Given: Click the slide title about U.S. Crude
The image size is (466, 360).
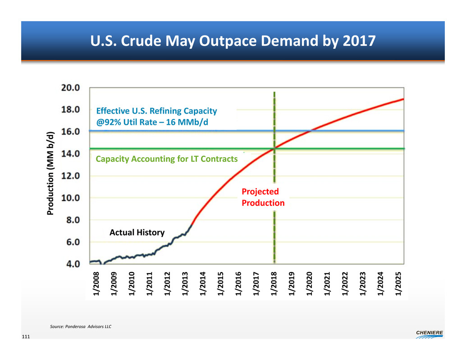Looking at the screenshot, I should [233, 41].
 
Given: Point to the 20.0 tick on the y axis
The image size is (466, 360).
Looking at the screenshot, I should [71, 87].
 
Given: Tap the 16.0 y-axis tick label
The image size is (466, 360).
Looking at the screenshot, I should [71, 132].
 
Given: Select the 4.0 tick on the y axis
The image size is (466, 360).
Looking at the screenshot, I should [71, 264].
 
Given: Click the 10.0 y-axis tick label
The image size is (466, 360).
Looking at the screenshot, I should [71, 197].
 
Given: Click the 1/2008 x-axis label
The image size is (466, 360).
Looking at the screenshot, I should [96, 284].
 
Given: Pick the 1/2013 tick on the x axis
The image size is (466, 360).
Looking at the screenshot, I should [185, 284].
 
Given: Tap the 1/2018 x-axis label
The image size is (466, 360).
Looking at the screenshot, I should [274, 284].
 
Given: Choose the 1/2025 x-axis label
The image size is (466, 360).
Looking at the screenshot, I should [398, 284].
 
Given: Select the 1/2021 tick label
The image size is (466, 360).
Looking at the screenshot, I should [327, 284].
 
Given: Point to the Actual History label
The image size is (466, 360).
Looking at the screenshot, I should [137, 232].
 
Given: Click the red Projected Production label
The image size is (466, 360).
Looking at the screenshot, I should [263, 197].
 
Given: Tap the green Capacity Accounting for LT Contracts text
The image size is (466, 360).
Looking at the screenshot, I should [166, 159].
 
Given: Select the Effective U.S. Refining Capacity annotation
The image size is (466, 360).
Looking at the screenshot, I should [157, 116].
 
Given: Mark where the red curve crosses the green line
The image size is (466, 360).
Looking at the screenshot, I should [274, 148].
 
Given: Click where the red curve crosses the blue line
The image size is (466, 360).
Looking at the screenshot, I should [310, 131].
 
